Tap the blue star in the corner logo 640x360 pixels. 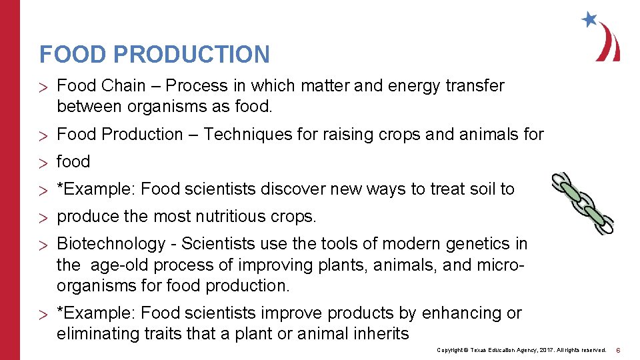589,19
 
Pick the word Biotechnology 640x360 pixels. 111,244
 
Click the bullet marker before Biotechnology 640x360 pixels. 44,245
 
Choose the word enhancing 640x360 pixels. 469,313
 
